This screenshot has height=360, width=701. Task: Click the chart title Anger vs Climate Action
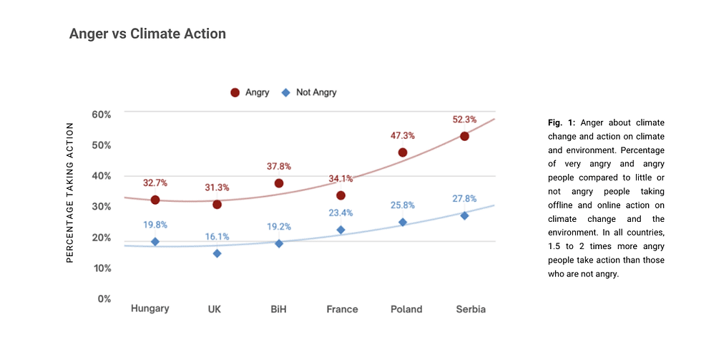(x=147, y=34)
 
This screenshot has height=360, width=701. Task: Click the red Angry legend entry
(x=250, y=92)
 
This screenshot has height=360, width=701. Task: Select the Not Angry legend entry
(x=309, y=92)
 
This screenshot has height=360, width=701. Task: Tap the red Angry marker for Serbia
(x=464, y=136)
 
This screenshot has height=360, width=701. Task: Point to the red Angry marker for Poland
(x=403, y=152)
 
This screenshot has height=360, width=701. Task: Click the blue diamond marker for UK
(x=217, y=253)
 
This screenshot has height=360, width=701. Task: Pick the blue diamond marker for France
(x=340, y=230)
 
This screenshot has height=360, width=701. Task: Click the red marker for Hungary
(x=155, y=200)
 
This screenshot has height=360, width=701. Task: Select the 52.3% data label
(x=464, y=120)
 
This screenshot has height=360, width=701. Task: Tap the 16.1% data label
(x=217, y=236)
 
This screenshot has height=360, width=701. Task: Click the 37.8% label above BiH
(x=279, y=166)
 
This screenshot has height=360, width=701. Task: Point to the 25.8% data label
(x=403, y=206)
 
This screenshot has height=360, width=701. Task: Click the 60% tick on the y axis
(x=102, y=115)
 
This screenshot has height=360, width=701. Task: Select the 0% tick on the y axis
(x=104, y=298)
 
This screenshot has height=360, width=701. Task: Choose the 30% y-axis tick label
(x=102, y=207)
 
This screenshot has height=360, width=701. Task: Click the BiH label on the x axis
(x=279, y=309)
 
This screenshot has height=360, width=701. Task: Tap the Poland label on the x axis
(x=406, y=309)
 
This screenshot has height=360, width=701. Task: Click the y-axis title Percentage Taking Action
(x=70, y=193)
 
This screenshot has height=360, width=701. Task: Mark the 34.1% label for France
(x=340, y=178)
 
